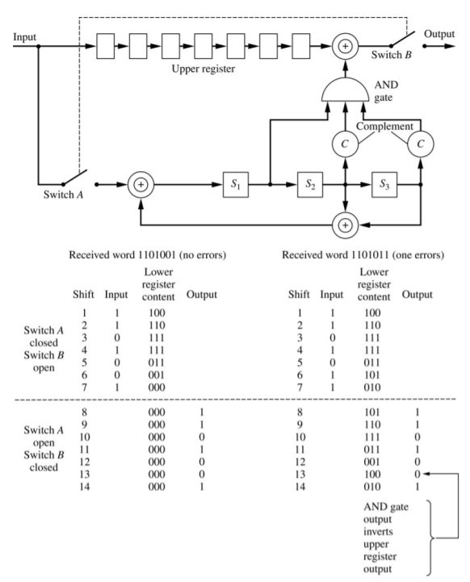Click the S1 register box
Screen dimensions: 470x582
(x=236, y=185)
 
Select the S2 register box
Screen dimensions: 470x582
(x=310, y=185)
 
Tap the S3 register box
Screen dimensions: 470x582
(x=384, y=185)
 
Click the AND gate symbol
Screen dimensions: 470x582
(x=346, y=90)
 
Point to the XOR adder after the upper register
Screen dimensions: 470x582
(x=346, y=46)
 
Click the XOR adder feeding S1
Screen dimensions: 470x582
(x=141, y=185)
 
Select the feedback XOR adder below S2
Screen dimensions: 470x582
(x=346, y=225)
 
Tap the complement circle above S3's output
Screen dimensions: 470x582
(x=421, y=144)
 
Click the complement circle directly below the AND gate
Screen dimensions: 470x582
(x=346, y=144)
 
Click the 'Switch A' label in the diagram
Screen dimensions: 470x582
(x=63, y=195)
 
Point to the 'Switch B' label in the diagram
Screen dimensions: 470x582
(x=392, y=55)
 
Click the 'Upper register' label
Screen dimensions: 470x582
(x=203, y=69)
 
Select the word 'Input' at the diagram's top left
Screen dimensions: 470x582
(x=24, y=37)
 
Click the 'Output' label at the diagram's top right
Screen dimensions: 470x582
(x=439, y=34)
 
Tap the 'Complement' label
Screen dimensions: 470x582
(x=384, y=127)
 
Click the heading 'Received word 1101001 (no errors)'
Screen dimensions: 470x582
(x=148, y=255)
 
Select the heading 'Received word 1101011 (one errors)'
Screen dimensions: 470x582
(x=363, y=255)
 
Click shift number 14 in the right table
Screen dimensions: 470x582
(x=300, y=487)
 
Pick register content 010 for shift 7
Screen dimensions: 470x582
(x=372, y=387)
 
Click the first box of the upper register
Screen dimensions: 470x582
(x=106, y=46)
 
